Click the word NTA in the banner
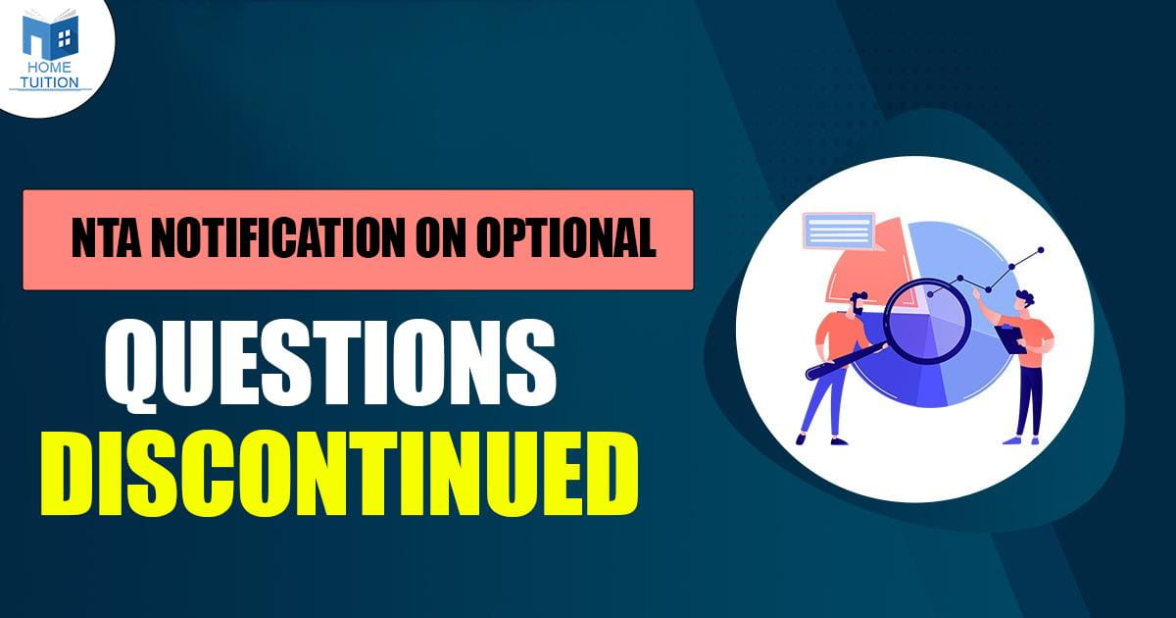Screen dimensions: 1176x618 click(106, 238)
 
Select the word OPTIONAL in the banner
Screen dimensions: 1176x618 click(566, 238)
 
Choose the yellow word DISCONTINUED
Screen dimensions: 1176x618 click(339, 475)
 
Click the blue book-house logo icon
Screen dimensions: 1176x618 click(50, 34)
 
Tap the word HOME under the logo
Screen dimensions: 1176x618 click(50, 68)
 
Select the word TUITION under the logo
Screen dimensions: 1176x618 click(50, 82)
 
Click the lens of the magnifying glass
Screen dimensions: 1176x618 click(925, 322)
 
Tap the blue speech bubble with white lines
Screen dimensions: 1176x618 click(839, 231)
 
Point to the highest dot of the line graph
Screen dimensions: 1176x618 click(1041, 250)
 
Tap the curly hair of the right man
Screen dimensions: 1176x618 click(1025, 297)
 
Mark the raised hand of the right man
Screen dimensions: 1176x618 click(977, 295)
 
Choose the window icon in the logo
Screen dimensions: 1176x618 click(64, 37)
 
